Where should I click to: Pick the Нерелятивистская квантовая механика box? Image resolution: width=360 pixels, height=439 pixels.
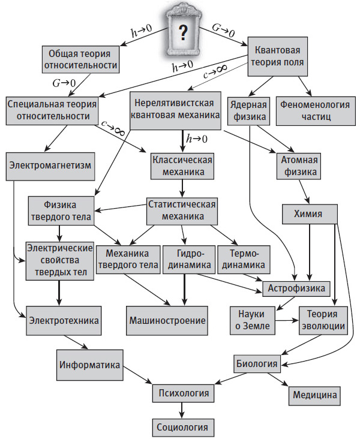175,109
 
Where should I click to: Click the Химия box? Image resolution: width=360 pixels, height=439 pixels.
308,214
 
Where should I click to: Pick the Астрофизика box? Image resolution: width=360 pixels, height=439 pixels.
296,289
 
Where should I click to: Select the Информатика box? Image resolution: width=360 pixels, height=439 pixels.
90,365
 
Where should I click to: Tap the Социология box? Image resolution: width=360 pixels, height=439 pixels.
182,427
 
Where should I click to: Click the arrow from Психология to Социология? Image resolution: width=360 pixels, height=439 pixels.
182,411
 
